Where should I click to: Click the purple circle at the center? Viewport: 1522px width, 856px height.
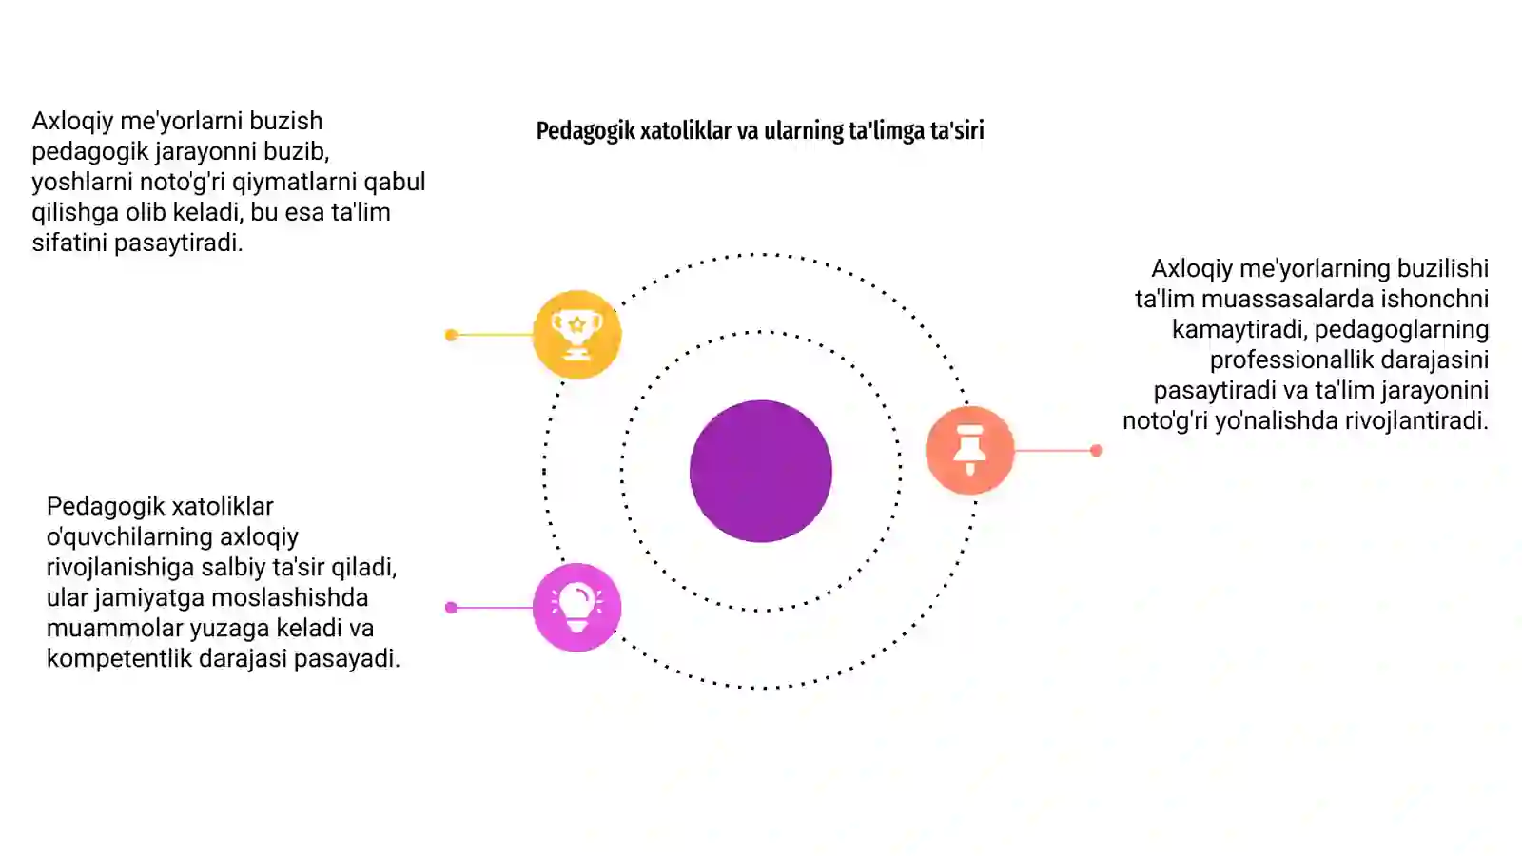[760, 471]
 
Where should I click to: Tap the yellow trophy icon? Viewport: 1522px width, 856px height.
[576, 334]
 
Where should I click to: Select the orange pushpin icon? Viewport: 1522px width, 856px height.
[969, 450]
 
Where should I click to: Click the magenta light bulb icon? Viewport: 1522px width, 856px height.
[576, 608]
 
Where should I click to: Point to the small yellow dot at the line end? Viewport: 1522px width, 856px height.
[451, 335]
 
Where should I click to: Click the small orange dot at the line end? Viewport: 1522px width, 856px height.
[1096, 451]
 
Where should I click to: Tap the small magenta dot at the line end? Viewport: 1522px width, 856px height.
[451, 608]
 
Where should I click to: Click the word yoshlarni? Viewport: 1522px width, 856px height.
[82, 182]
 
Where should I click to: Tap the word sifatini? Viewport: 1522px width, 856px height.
[70, 243]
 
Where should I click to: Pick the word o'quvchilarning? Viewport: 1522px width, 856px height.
[129, 537]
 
